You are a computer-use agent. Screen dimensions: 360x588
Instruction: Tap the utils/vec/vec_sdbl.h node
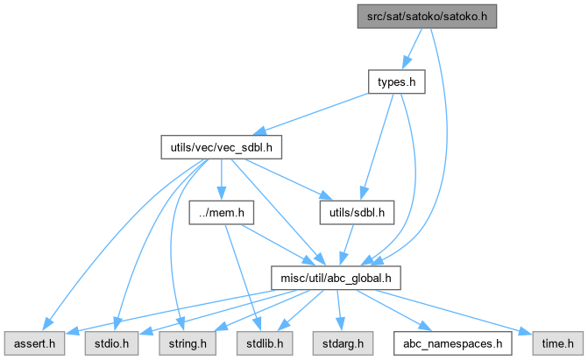(x=219, y=147)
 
